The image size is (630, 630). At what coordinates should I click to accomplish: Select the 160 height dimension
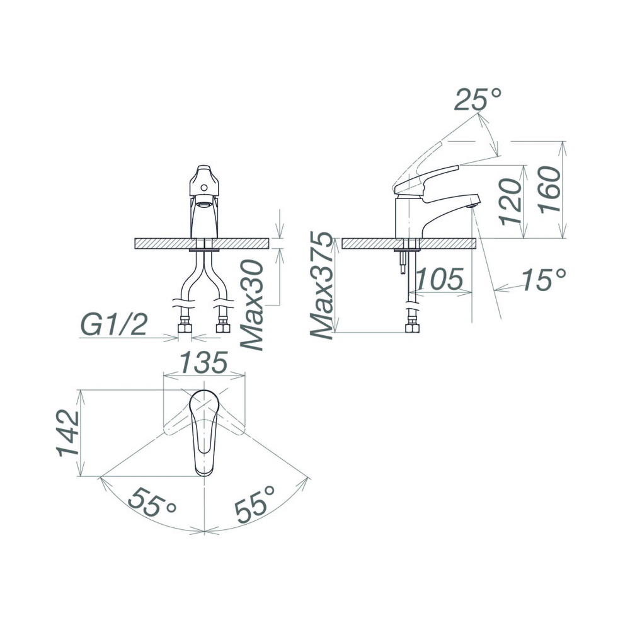coord(550,190)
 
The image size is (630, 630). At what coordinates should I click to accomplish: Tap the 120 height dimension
coord(511,202)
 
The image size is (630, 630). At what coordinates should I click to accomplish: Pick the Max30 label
coord(252,305)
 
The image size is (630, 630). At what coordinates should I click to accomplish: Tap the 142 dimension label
coord(67,433)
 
